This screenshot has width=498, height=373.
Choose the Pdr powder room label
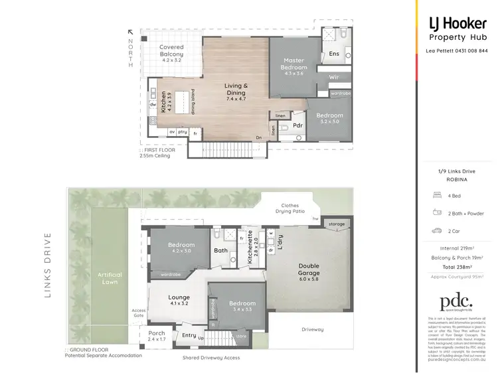click(x=297, y=125)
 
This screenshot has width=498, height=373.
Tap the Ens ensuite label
click(x=334, y=53)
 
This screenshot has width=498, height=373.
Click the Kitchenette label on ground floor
click(x=250, y=247)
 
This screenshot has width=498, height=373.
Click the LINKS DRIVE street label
click(x=48, y=265)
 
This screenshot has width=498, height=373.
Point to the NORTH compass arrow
click(x=131, y=32)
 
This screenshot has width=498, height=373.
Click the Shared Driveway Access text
click(x=211, y=358)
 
